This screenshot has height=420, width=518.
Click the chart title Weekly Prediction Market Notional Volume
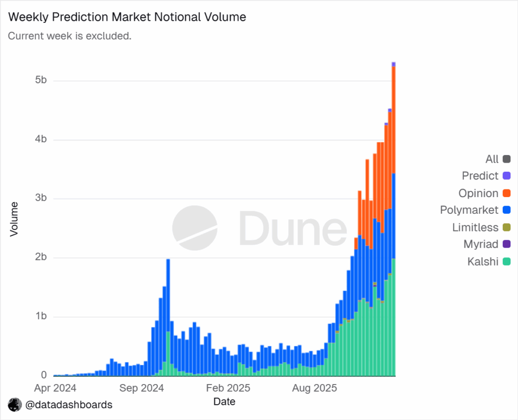(127, 17)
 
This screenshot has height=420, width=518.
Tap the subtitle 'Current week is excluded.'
(70, 36)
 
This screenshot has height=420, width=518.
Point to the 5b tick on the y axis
(41, 81)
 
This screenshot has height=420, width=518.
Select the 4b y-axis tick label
(41, 139)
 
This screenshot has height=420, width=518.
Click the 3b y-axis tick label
(41, 199)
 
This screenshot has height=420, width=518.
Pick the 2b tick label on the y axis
(41, 257)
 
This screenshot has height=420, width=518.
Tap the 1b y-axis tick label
(41, 317)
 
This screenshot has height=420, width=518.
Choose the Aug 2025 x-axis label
(315, 389)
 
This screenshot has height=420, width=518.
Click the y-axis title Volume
(14, 219)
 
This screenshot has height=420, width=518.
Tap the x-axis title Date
(224, 402)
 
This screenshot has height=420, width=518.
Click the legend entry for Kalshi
(483, 262)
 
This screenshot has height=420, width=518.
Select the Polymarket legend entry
(469, 210)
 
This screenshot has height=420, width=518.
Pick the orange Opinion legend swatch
(506, 193)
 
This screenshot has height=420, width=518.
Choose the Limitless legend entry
(475, 227)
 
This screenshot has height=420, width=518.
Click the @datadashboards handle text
(69, 405)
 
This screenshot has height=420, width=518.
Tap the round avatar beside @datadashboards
(15, 405)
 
